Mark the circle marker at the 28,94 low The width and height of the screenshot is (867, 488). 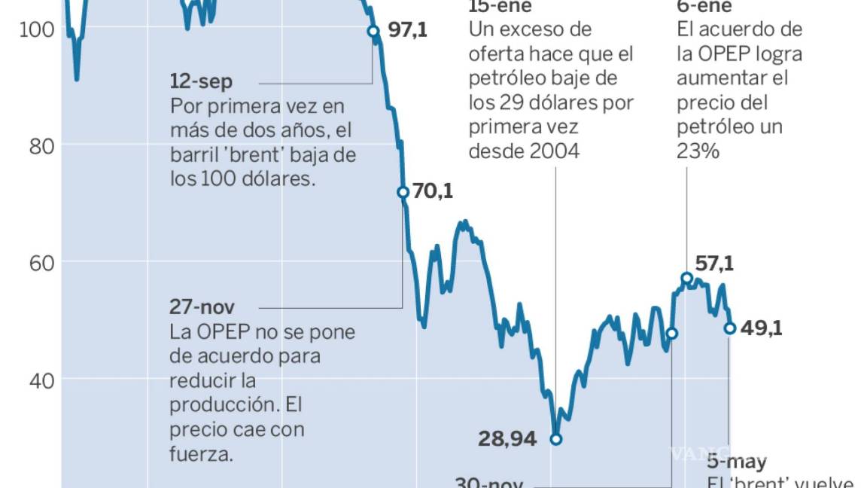point(556,439)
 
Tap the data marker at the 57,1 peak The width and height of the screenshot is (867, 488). point(686,279)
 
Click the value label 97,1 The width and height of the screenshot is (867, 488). point(408,31)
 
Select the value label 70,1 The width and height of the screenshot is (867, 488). point(433,191)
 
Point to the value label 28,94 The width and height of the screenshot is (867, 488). point(507,439)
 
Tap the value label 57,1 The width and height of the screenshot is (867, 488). point(713,264)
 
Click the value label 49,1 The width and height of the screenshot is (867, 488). point(762,328)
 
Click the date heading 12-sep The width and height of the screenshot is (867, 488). point(202,81)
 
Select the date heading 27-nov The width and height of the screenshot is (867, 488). point(202,307)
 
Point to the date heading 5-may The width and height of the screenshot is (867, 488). point(737,462)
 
